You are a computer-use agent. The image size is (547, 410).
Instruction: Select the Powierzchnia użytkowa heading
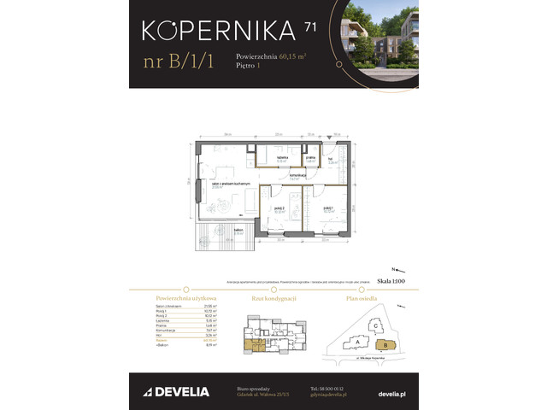click(x=166, y=298)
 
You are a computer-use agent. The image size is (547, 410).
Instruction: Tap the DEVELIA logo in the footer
click(x=171, y=391)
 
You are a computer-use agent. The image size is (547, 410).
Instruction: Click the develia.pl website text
click(x=391, y=391)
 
